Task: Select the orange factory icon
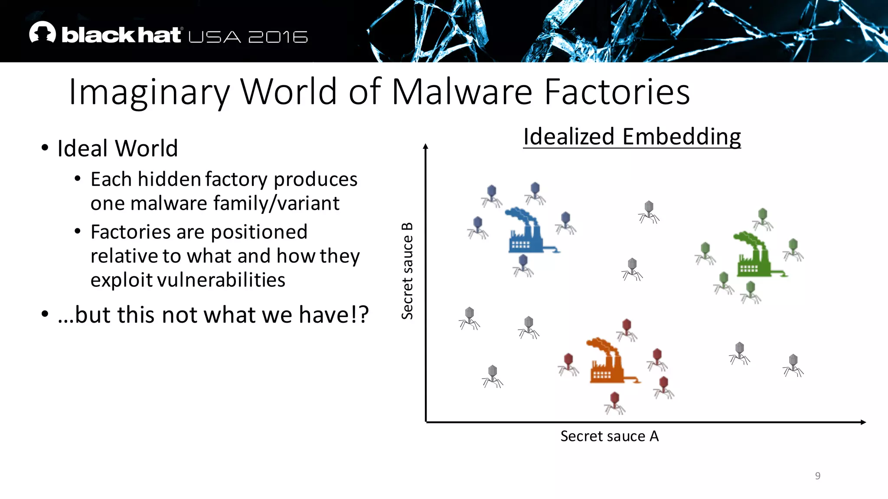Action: tap(607, 362)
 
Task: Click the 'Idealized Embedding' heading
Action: tap(632, 137)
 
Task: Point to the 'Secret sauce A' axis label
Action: tap(609, 436)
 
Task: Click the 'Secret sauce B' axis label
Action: tap(407, 271)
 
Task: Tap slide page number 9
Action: tap(817, 476)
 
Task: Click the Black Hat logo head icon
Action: tap(42, 32)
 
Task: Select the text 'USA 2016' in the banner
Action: tap(248, 37)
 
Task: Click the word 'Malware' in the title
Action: tap(462, 92)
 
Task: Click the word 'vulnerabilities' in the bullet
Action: tap(221, 280)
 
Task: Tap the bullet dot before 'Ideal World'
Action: tap(45, 148)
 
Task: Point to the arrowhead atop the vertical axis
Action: tap(426, 146)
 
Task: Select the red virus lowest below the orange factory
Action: tap(614, 403)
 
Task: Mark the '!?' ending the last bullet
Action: tap(359, 314)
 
